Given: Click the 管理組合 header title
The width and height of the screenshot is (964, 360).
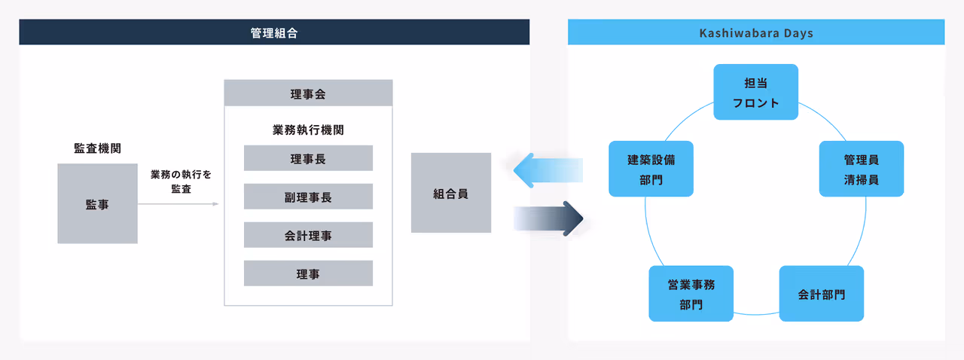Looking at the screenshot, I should click(274, 33).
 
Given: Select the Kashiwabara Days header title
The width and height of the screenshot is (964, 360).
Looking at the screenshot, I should click(756, 33).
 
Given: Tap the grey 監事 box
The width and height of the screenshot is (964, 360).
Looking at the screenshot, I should click(97, 204).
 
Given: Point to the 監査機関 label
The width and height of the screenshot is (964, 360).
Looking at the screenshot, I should click(97, 148).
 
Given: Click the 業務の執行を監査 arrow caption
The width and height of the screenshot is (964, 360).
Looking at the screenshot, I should click(181, 182).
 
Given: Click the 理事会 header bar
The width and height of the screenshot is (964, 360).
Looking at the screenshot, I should click(308, 94).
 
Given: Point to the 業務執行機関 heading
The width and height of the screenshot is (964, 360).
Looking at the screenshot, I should click(308, 130).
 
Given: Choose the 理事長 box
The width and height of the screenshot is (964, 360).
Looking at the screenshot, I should click(308, 159).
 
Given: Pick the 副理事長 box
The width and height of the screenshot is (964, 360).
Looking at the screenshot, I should click(308, 197).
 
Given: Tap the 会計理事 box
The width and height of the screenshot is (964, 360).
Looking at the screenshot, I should click(308, 236).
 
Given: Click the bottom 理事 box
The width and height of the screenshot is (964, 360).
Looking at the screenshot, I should click(308, 274).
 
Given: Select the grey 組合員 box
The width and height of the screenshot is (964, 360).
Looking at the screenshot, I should click(450, 194).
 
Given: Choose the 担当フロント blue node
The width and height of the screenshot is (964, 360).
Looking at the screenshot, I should click(755, 92).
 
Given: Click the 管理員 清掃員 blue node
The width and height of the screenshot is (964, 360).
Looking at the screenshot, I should click(861, 169).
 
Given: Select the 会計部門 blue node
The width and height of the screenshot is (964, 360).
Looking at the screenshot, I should click(821, 294).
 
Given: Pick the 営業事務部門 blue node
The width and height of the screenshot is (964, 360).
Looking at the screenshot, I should click(691, 294).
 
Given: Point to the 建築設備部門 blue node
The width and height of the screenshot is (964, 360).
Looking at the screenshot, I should click(651, 169).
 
